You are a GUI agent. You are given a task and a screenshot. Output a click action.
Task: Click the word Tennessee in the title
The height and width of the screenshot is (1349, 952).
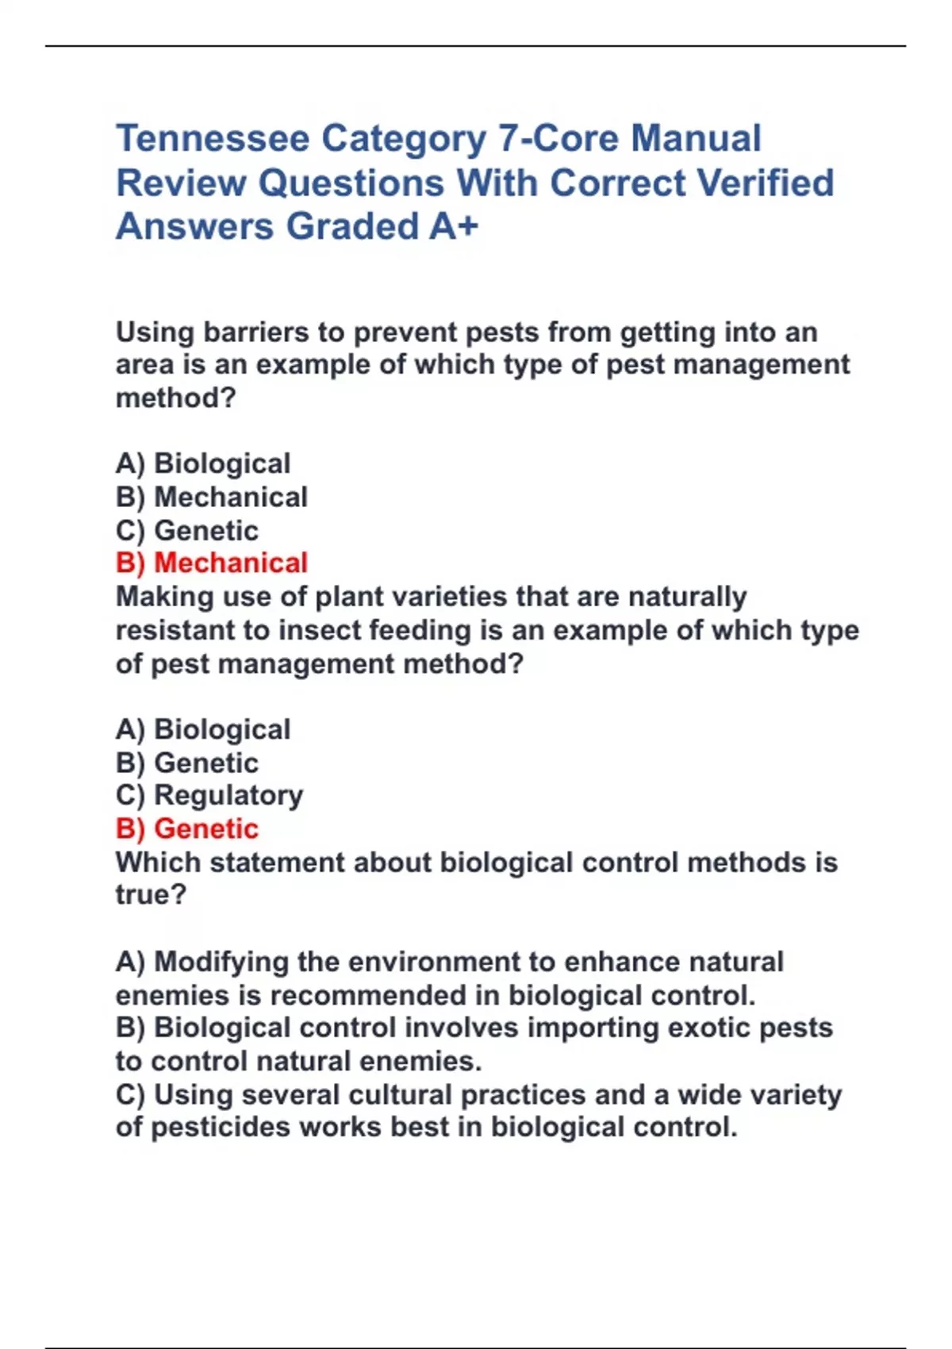(213, 139)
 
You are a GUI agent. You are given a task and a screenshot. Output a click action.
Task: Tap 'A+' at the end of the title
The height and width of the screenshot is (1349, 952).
(454, 226)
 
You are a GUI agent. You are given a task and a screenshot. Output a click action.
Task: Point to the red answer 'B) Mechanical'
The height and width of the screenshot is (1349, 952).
(211, 563)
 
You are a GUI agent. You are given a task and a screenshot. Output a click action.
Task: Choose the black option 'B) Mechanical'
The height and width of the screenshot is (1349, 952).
(211, 497)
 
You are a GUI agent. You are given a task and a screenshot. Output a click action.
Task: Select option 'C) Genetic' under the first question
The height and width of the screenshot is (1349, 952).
(187, 530)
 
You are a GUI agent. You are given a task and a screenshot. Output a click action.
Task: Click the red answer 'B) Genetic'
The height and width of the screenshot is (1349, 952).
(187, 828)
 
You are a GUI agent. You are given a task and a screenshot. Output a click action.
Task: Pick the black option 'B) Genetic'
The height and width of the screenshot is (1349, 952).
(187, 763)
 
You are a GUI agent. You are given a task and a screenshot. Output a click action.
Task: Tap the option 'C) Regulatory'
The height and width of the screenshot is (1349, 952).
(209, 795)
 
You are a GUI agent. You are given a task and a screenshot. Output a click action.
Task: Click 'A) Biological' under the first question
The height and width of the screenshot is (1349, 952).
(203, 463)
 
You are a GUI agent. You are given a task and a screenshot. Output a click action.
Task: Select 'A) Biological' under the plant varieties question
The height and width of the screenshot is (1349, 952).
(203, 729)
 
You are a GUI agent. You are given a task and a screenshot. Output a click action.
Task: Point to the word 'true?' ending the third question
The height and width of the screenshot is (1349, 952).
(151, 895)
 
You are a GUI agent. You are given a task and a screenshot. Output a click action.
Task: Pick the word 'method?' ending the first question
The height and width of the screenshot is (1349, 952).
(176, 398)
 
